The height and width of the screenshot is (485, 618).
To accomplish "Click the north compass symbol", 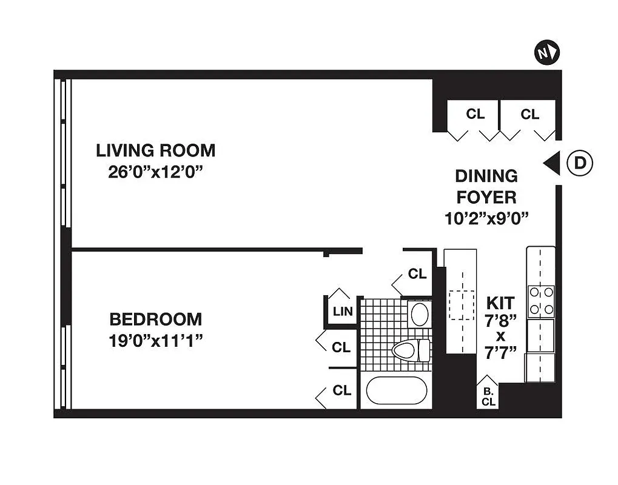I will (546, 53).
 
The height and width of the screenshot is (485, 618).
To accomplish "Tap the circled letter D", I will (580, 163).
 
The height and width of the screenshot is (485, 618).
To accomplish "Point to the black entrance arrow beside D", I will (551, 163).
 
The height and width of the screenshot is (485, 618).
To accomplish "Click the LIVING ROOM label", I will (155, 150).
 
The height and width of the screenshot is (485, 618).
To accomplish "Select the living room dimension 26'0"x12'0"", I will (155, 172).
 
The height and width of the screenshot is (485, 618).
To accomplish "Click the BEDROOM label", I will (155, 319).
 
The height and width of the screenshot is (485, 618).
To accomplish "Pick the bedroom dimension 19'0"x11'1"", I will (155, 341).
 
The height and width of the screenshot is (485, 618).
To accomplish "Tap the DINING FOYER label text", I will (486, 186).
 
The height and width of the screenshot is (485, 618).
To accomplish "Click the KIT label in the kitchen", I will (500, 303).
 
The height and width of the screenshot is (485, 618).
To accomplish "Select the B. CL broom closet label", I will (488, 396).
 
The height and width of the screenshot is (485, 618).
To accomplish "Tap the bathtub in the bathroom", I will (397, 391).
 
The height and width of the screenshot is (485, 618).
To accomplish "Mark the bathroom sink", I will (419, 314).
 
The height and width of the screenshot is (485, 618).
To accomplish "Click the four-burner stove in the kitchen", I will (541, 301).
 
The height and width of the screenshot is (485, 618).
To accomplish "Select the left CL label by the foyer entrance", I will (475, 114).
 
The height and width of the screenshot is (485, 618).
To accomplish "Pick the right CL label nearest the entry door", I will (529, 114).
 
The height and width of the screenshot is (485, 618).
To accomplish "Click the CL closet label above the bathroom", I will (417, 273).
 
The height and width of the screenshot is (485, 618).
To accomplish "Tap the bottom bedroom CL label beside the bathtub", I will (341, 390).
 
